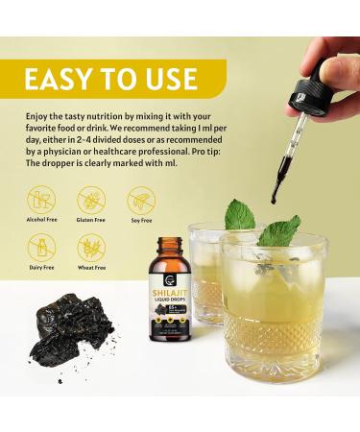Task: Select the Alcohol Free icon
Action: pos(41,201)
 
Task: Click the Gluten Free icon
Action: pos(91,201)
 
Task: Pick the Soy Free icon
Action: pos(141,201)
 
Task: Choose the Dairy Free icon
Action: pos(41,250)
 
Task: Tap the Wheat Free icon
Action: pos(91,250)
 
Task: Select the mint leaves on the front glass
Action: pos(279,230)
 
